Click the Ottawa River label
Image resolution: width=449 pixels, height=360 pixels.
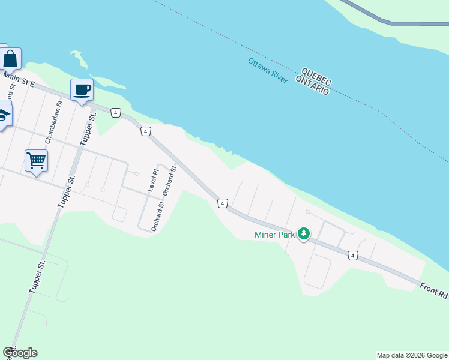(x=268, y=71)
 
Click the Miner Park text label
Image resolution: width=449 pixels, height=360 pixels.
(x=274, y=235)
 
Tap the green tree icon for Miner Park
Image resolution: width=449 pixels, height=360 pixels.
(x=304, y=233)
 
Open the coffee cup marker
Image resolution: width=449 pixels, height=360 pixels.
(x=82, y=91)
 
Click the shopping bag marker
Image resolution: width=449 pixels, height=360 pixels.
(x=10, y=59)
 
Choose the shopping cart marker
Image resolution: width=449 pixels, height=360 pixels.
(x=36, y=161)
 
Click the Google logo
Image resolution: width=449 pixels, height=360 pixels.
(x=20, y=353)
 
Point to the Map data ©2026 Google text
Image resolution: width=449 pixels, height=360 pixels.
(x=412, y=355)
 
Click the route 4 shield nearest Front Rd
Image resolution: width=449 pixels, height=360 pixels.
(x=352, y=256)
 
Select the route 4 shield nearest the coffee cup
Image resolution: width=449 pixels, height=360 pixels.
(x=116, y=112)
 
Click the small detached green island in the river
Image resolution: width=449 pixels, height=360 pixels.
(x=79, y=59)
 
